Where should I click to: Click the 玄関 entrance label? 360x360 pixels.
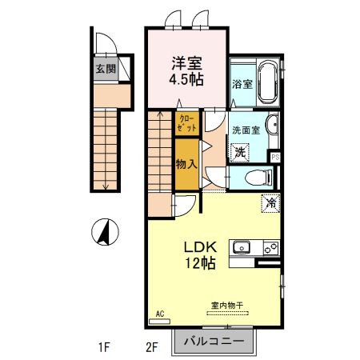[x=106, y=69]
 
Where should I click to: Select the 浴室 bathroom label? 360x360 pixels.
[x=242, y=82]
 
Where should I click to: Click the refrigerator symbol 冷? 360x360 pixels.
[x=271, y=203]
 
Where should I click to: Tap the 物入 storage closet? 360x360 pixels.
[x=186, y=164]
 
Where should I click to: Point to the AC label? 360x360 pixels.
[x=159, y=313]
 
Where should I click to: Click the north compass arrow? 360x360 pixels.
[x=102, y=233]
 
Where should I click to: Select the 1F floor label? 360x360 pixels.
[x=103, y=347]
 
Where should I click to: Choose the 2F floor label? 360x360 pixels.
[x=153, y=347]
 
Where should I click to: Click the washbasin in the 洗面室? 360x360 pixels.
[x=273, y=126]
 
